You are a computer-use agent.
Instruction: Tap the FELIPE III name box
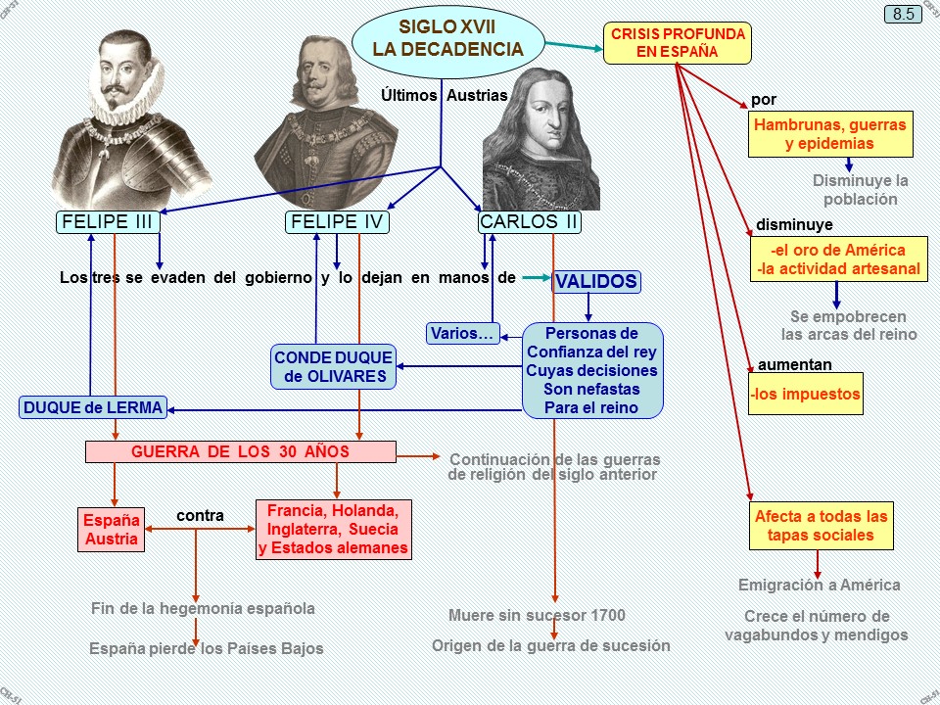[108, 222]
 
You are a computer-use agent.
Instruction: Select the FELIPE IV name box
[338, 222]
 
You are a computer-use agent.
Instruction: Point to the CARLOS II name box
[530, 222]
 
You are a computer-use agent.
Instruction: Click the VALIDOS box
[596, 282]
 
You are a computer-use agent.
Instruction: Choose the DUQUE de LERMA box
[93, 407]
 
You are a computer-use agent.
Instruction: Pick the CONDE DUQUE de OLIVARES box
[333, 367]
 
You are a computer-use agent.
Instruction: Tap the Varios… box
[463, 334]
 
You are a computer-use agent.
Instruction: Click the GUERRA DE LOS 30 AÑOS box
[241, 451]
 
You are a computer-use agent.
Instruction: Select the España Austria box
[112, 529]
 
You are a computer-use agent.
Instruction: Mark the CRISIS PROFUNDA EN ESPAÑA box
[678, 43]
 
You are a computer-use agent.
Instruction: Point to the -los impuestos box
[805, 395]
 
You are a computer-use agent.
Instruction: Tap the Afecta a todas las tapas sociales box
[821, 526]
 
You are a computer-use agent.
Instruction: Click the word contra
[200, 515]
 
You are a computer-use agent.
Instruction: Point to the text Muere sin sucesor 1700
[537, 616]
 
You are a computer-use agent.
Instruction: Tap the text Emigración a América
[819, 586]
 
